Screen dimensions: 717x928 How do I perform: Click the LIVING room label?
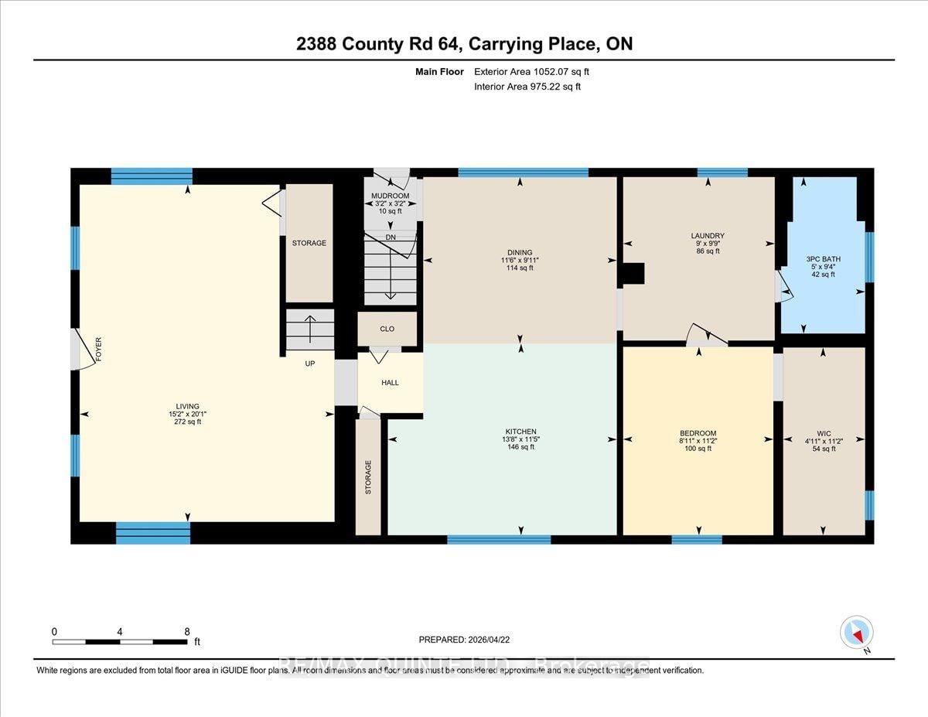point(187,406)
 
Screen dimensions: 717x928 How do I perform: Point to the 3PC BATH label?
point(821,258)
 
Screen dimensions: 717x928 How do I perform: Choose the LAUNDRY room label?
point(708,235)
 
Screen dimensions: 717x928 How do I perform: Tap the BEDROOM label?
point(698,433)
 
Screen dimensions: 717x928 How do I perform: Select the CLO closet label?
point(387,329)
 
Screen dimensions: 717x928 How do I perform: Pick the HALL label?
point(391,382)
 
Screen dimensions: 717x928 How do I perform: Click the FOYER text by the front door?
point(98,350)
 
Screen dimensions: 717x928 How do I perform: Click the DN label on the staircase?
point(391,237)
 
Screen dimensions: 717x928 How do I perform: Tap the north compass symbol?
point(856,633)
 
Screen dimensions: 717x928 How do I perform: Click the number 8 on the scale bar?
point(186,631)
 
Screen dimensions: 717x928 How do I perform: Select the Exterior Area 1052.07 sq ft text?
point(537,72)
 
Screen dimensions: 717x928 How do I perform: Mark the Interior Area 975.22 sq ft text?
point(527,87)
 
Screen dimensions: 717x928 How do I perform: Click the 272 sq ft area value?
point(187,423)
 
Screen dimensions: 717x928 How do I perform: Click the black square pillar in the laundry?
point(633,274)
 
